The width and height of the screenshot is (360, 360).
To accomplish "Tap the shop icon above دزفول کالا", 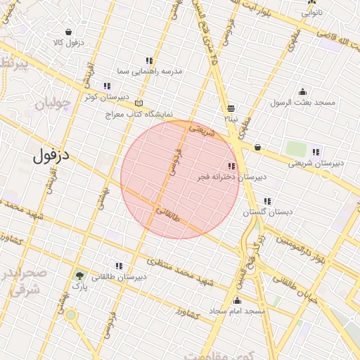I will tap(68, 32).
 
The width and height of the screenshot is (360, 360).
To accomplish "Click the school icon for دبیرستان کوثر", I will tap(107, 86).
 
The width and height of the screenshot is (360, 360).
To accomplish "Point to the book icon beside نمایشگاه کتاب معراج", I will tap(139, 103).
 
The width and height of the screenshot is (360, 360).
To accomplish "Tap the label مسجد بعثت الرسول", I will tap(303, 103).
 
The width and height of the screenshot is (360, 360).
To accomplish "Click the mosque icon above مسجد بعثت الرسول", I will tap(303, 91).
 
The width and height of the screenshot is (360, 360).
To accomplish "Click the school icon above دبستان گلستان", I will tap(267, 202).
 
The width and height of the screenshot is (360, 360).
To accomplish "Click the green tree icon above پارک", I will tap(79, 276).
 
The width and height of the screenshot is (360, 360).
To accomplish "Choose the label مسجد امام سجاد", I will tap(237, 311).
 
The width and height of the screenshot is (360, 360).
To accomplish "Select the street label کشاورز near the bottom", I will tap(188, 313).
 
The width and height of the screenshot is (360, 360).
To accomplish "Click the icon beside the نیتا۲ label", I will tap(231, 108).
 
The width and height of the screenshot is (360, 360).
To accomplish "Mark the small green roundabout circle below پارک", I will tap(70, 314).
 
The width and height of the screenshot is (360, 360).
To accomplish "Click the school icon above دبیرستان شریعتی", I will tap(316, 152).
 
